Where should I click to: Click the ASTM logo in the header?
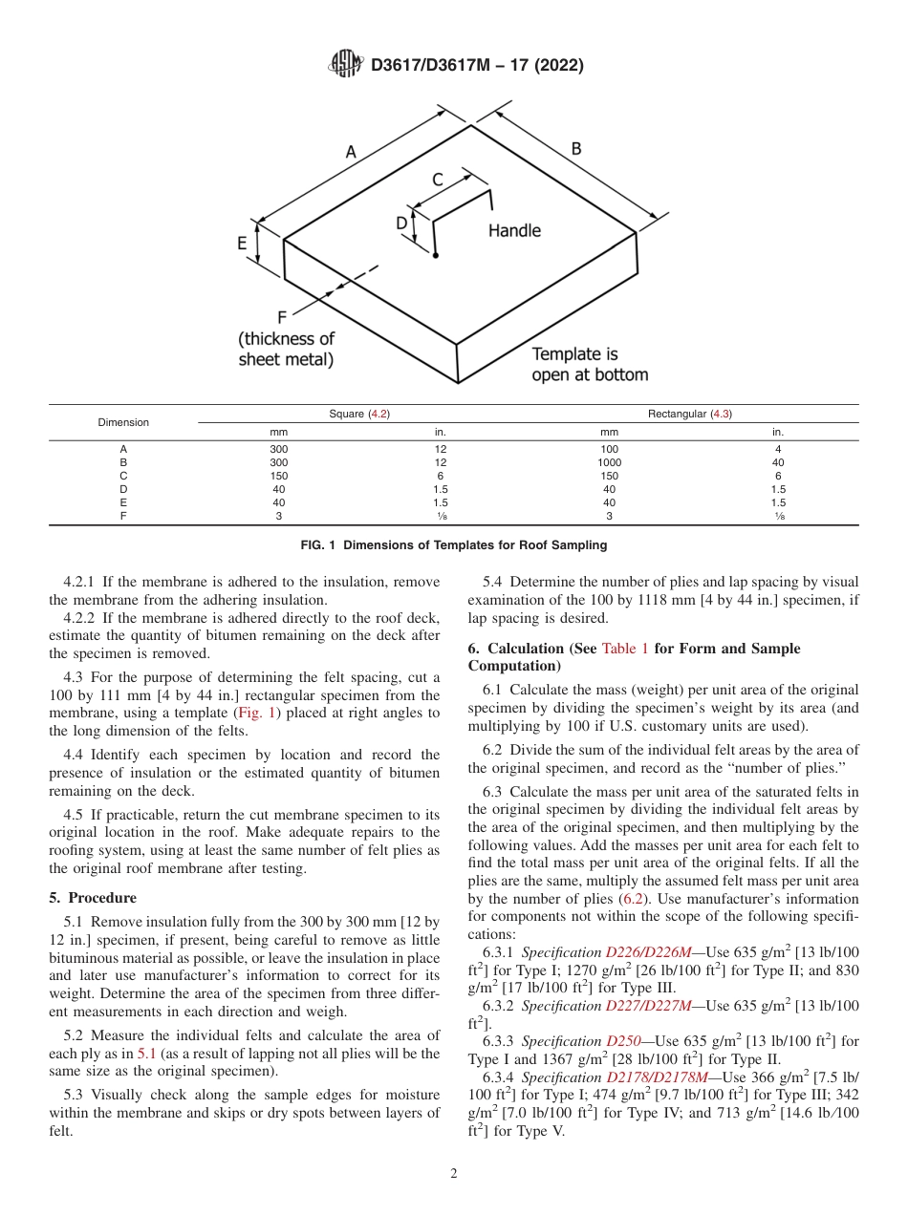345,64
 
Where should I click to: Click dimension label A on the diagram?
350,151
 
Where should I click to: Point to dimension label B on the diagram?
576,148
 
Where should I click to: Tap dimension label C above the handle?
438,179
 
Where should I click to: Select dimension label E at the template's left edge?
243,244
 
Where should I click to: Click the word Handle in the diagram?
514,230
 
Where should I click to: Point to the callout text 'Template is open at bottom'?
589,365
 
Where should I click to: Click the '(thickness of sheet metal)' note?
287,349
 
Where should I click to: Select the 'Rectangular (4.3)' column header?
689,414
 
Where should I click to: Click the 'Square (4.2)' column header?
359,414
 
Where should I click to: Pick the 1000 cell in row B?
609,462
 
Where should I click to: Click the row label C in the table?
122,476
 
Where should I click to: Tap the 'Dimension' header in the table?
122,422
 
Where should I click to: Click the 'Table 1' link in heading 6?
624,649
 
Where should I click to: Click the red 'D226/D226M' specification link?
649,952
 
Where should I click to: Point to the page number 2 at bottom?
454,1174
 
